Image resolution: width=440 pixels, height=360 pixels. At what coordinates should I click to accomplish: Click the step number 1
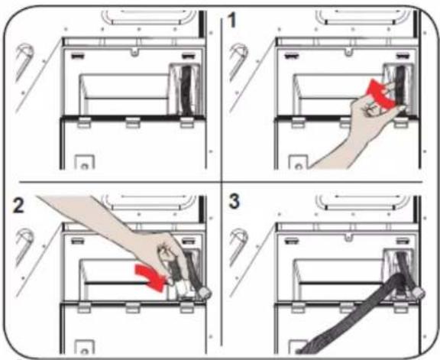coord(231,21)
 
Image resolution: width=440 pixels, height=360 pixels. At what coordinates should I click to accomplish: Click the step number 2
coord(19,206)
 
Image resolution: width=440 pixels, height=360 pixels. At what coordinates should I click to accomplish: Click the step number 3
coord(234,201)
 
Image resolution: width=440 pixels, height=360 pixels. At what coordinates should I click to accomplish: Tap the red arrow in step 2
coord(150,277)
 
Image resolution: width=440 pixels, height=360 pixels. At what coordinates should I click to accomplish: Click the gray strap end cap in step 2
coord(205,294)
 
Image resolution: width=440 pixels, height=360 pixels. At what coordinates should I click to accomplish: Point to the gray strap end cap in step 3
coord(419,294)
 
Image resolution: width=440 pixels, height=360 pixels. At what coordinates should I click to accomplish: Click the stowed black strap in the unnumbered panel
coord(186,90)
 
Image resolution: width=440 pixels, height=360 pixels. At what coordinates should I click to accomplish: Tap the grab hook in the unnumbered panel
coord(24,60)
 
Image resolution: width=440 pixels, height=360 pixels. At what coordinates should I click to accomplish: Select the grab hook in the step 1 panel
coord(238,60)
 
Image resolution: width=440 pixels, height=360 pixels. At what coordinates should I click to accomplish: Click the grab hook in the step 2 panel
coord(24,245)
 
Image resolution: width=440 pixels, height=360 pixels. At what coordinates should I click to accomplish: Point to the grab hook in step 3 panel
coord(238,245)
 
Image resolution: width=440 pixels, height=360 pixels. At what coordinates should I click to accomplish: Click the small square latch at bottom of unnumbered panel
coord(84,162)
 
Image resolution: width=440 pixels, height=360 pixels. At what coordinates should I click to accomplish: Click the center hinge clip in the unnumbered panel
coord(133,122)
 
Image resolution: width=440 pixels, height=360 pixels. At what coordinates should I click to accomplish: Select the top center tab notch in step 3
coord(348,236)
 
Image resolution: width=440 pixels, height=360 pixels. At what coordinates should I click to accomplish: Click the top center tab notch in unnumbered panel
coord(135,52)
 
